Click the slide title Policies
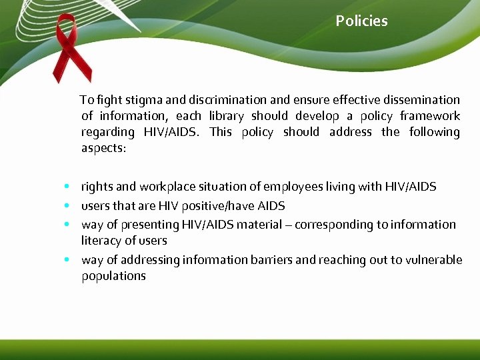361,21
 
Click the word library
226,116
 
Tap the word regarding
107,132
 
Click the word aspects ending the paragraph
103,148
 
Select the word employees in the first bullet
291,187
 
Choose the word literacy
101,241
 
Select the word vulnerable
433,260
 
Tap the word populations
113,276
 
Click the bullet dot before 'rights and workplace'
68,187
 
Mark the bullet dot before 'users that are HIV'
68,206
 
